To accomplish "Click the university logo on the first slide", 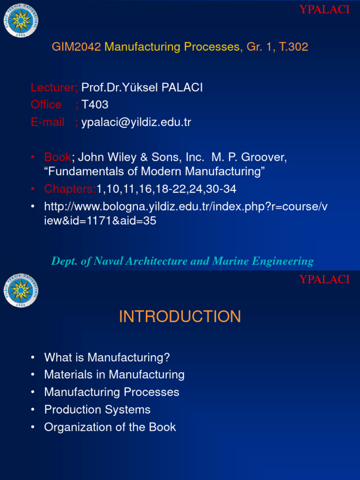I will tap(21, 20).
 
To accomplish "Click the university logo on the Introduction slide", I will tap(21, 291).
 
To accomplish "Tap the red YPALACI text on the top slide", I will tap(324, 10).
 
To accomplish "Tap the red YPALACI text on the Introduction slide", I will tap(324, 280).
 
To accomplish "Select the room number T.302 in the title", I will tap(293, 47).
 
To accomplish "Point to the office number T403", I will tap(95, 105).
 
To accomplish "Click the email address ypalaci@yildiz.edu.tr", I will tap(136, 123).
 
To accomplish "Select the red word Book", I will tap(58, 157).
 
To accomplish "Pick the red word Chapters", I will tap(70, 189).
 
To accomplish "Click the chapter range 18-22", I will tap(172, 189).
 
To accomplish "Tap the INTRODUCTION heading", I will tap(180, 317).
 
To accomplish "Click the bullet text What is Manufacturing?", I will tap(107, 358).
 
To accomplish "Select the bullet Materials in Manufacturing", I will tap(114, 375).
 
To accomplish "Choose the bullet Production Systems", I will tap(97, 410).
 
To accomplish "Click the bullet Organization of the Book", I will tap(110, 427).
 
